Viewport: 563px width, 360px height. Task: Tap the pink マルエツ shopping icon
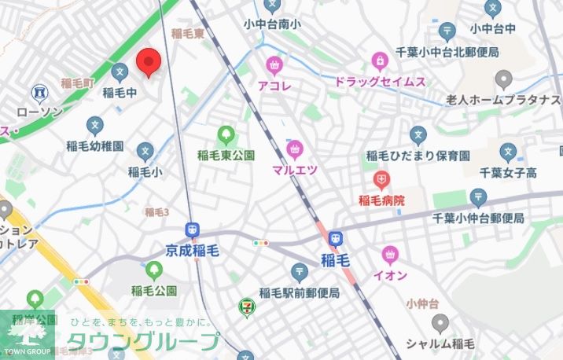point(296,149)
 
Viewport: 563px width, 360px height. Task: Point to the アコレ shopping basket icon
point(274,64)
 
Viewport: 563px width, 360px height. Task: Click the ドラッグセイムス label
point(380,82)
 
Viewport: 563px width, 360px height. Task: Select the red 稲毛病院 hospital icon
point(381,180)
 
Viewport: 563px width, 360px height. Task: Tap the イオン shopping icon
point(388,255)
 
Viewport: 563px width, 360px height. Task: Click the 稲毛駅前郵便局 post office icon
point(300,272)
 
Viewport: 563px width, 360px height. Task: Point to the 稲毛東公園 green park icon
point(226,135)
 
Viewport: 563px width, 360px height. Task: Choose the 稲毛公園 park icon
point(153,271)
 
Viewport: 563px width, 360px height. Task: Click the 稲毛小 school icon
point(145,151)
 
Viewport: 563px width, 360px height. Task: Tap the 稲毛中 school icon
point(120,72)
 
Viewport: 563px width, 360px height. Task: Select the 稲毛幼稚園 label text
point(95,146)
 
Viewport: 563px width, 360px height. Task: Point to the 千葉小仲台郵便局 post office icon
point(477,197)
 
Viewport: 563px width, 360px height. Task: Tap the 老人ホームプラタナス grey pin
point(504,79)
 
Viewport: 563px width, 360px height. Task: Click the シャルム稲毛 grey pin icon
point(440,322)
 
